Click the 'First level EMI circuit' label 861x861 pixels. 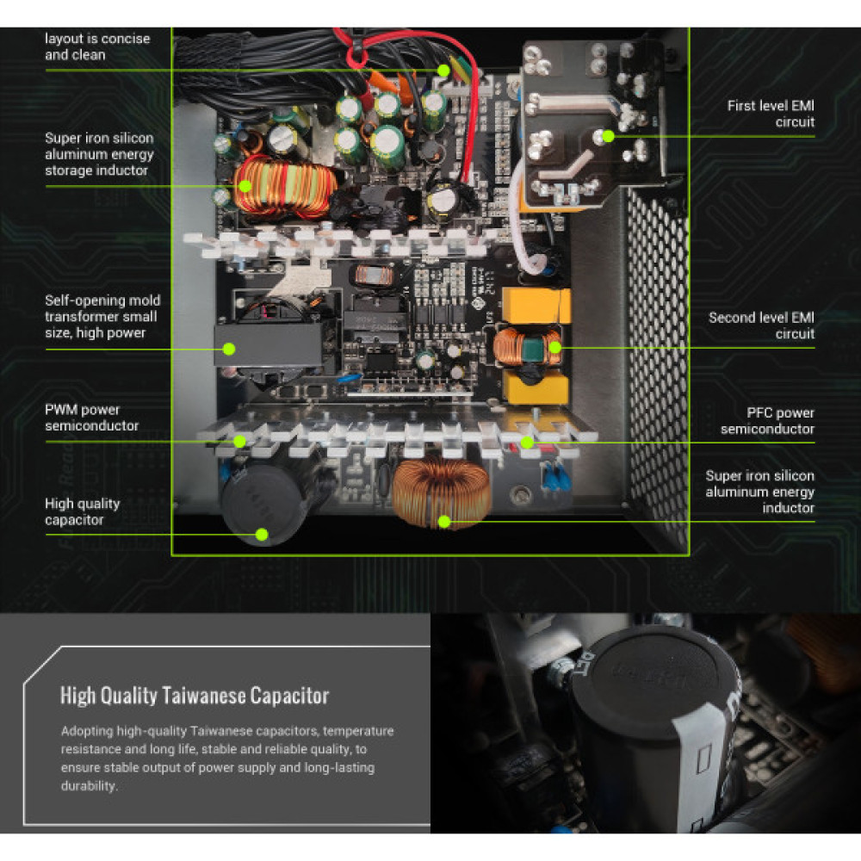point(771,114)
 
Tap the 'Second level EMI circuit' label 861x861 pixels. point(761,325)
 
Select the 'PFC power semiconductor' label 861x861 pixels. point(767,421)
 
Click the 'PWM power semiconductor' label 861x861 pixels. point(91,418)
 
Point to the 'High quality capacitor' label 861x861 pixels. point(82,511)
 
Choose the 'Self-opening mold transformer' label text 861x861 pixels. point(102,316)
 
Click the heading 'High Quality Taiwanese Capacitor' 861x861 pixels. point(195,696)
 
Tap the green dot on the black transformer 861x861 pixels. point(230,349)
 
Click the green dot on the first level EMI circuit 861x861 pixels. point(609,135)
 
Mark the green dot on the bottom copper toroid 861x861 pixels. point(444,521)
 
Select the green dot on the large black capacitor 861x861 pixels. point(263,535)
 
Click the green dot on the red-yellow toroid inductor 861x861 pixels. point(245,185)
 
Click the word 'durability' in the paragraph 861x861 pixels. point(87,786)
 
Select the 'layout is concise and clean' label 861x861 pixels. point(97,46)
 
